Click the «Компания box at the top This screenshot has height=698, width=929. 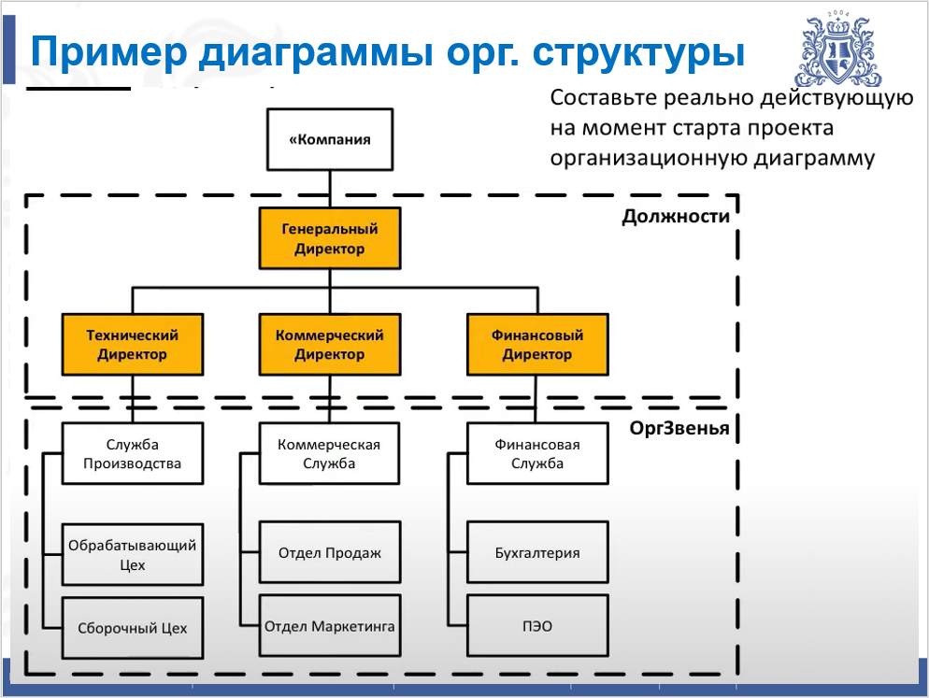(329, 139)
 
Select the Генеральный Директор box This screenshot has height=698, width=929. (329, 238)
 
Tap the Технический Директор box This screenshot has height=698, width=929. (132, 344)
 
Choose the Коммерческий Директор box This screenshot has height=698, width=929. (329, 344)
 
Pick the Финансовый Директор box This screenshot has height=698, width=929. (536, 344)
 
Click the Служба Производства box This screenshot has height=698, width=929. (132, 454)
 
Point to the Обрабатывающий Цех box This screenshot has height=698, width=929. (132, 554)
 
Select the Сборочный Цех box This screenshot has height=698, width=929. (132, 626)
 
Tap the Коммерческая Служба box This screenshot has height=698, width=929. (329, 454)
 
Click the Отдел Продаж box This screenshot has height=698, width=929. (329, 552)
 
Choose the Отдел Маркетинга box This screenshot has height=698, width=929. (329, 625)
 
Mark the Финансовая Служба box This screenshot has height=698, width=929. (536, 454)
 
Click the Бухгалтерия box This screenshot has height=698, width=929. (536, 552)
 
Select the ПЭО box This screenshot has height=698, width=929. (536, 625)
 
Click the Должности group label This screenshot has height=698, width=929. (675, 217)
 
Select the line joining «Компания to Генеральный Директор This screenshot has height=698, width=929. (329, 190)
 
